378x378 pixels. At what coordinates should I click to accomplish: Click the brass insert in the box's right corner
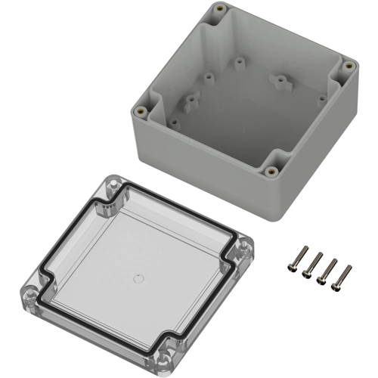(x=349, y=66)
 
